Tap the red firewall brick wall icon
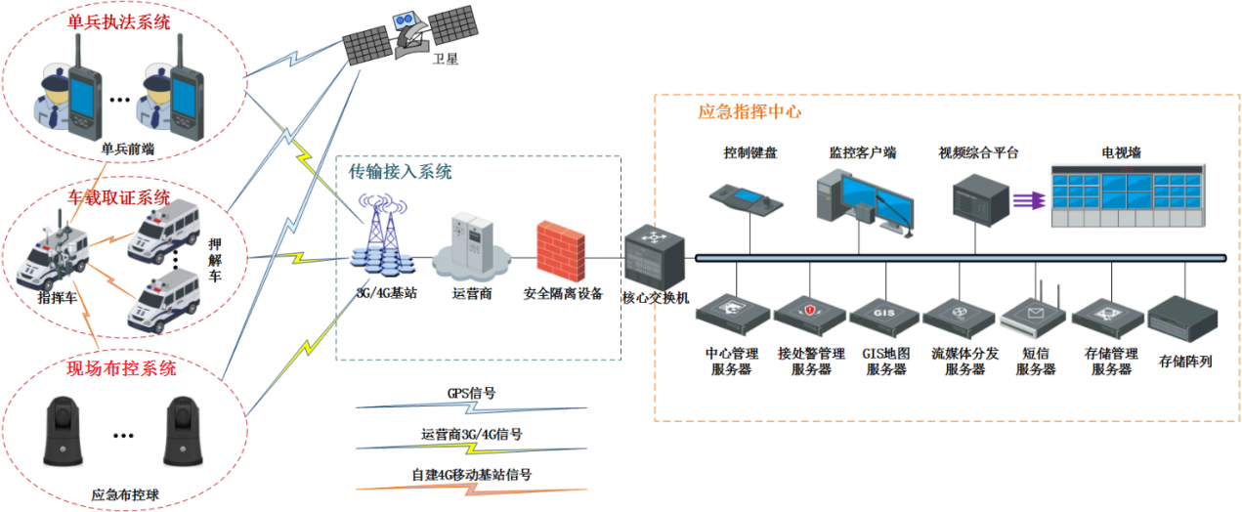point(560,251)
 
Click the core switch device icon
point(652,256)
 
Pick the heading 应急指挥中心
point(749,112)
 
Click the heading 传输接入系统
point(401,172)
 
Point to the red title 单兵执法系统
point(119,21)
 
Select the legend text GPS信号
point(471,394)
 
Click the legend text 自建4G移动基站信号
point(471,476)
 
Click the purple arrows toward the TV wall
point(1026,199)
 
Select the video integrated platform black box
point(980,198)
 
